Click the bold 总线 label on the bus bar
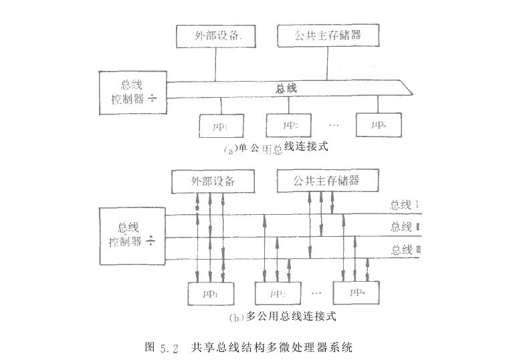[x=286, y=88]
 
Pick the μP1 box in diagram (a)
[x=222, y=124]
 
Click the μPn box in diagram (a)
[x=379, y=124]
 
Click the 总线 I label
[x=404, y=205]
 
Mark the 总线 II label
[x=404, y=227]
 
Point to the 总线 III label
[x=404, y=250]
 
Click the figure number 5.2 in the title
[x=169, y=347]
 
